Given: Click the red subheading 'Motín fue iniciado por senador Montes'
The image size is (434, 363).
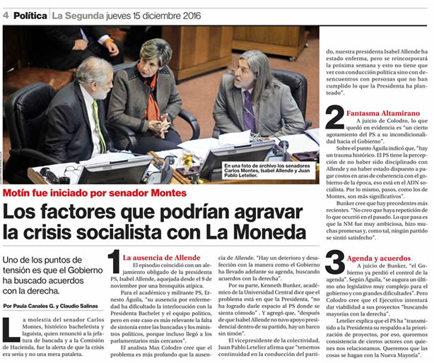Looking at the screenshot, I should pyautogui.click(x=95, y=193).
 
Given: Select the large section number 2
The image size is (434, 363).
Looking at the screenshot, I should pyautogui.click(x=334, y=118).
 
